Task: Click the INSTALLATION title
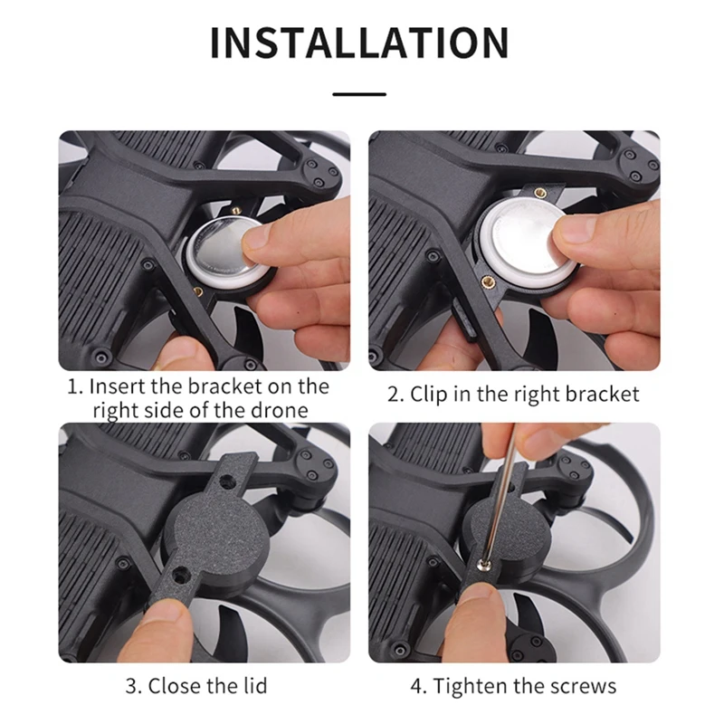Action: pos(359,43)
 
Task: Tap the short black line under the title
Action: pos(359,93)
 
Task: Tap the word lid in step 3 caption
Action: pos(251,686)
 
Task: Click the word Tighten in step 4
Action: pos(469,686)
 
